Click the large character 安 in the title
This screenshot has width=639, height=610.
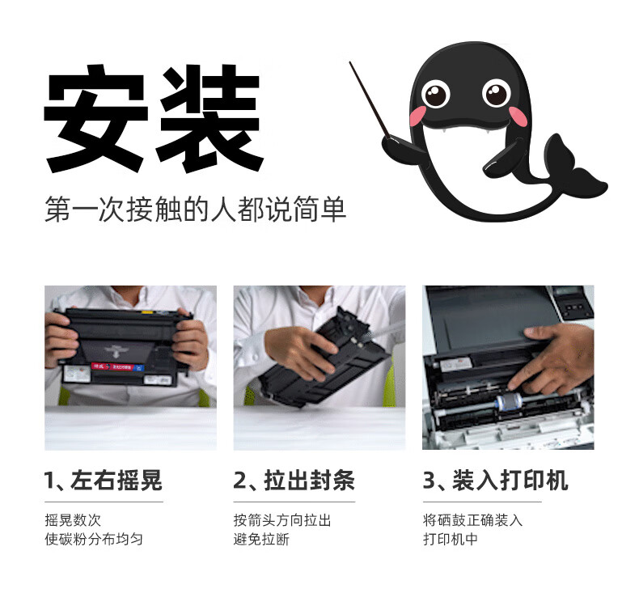tap(95, 118)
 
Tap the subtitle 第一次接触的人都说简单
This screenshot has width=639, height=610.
tap(195, 209)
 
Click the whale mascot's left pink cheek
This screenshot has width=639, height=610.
tap(417, 116)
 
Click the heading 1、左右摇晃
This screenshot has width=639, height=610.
tap(103, 480)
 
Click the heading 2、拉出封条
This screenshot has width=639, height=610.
tap(294, 480)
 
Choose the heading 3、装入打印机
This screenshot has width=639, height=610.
tap(495, 480)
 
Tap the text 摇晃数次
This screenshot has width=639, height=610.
tap(73, 520)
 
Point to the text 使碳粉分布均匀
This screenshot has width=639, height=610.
tap(94, 539)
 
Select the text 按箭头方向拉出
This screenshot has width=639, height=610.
tap(282, 520)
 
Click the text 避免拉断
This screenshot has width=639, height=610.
tap(261, 539)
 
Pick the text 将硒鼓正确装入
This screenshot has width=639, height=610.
tap(472, 520)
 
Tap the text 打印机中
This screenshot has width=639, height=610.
tap(451, 539)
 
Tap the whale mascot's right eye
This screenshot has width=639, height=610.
tap(496, 93)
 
